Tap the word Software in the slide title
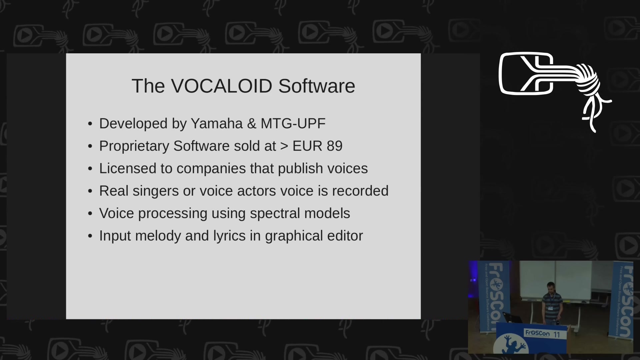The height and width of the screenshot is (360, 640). [317, 86]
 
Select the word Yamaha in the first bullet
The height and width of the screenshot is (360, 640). [217, 124]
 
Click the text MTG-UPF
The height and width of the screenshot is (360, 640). [293, 124]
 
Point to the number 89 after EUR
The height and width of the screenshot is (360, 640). [334, 146]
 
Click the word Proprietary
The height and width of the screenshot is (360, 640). [134, 146]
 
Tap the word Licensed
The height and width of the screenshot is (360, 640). [128, 168]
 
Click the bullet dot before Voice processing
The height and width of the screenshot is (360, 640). [90, 214]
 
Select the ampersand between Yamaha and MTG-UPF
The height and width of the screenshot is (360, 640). [252, 124]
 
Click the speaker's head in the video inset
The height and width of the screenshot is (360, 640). [551, 287]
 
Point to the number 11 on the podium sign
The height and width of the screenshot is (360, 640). [557, 334]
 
